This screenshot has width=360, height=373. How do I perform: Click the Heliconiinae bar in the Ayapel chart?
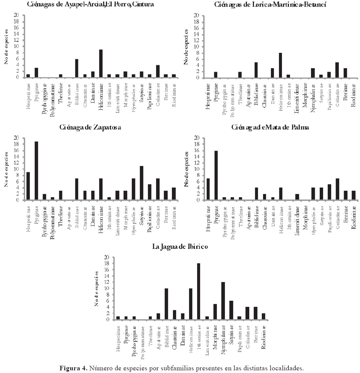click(101, 64)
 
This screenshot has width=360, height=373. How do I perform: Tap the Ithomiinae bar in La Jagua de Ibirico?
click(199, 292)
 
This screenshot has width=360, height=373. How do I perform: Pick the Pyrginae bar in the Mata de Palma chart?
click(216, 175)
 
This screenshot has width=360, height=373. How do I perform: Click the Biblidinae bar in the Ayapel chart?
click(76, 68)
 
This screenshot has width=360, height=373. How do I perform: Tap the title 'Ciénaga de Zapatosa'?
click(91, 127)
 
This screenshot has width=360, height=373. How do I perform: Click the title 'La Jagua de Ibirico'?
click(180, 247)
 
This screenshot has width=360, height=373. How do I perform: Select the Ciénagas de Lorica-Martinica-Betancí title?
click(270, 5)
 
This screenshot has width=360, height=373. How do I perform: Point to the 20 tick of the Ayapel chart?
click(16, 15)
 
